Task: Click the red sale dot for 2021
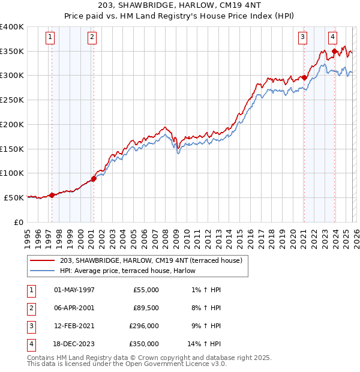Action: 304,77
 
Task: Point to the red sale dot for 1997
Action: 52,195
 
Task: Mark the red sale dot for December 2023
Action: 334,51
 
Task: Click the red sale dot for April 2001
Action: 94,178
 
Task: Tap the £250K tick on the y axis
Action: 12,100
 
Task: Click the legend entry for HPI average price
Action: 131,271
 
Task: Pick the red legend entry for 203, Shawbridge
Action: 151,260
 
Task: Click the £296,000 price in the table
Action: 144,327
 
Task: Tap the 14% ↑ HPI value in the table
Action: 204,344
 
